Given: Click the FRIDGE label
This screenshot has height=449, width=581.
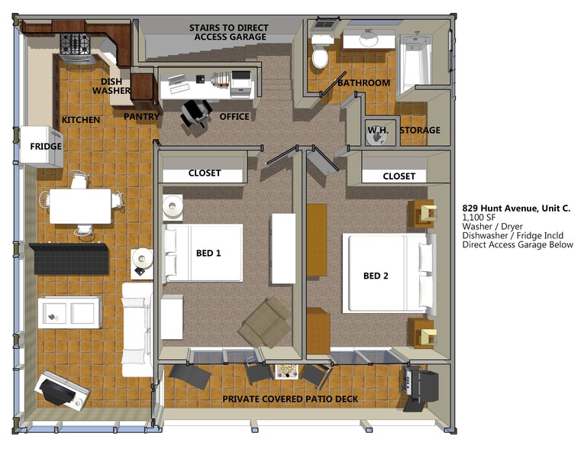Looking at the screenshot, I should tap(46, 147).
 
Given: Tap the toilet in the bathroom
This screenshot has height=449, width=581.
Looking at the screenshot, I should tap(319, 56).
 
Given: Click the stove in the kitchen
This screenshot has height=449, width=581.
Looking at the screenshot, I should tap(76, 44).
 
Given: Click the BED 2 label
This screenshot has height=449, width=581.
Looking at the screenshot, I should tap(375, 276).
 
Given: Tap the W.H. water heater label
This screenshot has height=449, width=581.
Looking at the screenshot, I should tap(378, 130).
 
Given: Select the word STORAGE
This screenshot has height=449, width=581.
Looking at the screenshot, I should tap(420, 130).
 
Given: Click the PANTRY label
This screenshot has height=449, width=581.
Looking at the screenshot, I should tap(142, 117).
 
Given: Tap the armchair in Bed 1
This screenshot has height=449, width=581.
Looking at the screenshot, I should tap(265, 321).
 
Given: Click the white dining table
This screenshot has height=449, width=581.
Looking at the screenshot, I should tap(80, 205).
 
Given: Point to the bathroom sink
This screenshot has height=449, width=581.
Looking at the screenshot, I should tap(368, 38).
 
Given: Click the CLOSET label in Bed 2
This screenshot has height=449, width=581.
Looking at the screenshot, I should tap(399, 176).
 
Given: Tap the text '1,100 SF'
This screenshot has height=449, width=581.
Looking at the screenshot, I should tap(479, 218).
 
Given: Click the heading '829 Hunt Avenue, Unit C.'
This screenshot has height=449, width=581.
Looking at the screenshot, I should tap(516, 208).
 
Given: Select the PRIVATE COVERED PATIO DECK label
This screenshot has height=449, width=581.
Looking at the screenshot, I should tap(289, 399).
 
